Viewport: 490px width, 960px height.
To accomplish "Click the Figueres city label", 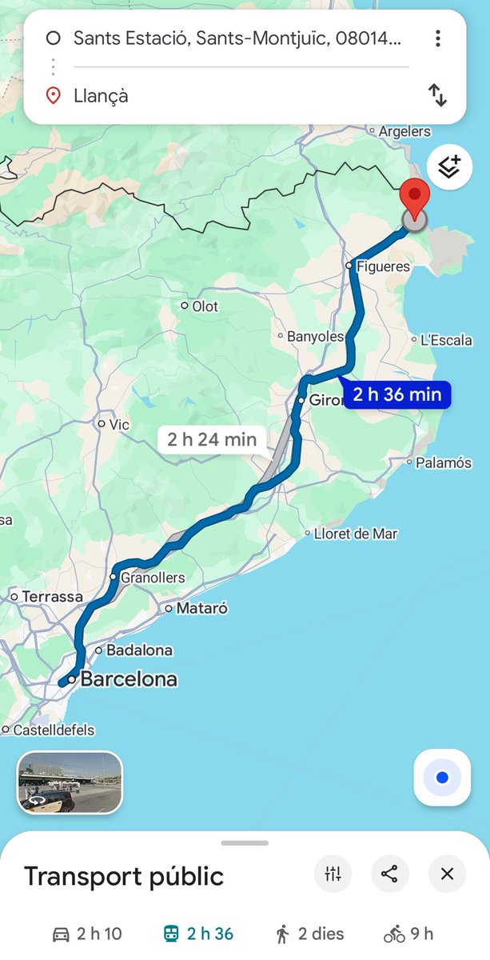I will [x=383, y=266].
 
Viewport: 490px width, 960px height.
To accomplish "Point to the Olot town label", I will [x=205, y=306].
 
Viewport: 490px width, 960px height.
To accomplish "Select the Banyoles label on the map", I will [x=315, y=337].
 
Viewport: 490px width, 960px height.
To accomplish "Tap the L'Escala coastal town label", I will [x=446, y=340].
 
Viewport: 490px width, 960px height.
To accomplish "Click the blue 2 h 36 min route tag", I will [x=396, y=394].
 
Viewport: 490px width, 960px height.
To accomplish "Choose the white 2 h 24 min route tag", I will [x=212, y=438].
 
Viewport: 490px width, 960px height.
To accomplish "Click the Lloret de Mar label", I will [x=355, y=534].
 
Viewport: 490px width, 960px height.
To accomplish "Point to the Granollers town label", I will [x=152, y=578].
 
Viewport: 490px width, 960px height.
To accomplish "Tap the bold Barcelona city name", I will [x=129, y=680].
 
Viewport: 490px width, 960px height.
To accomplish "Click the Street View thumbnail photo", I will [x=70, y=782].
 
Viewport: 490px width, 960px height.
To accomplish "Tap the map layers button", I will [x=449, y=167].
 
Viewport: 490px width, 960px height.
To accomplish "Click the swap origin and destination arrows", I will [x=437, y=96].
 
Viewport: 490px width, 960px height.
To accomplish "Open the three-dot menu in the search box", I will [x=437, y=38].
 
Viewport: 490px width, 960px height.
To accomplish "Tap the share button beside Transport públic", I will [x=389, y=874].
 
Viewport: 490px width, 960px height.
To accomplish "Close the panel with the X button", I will [x=447, y=874].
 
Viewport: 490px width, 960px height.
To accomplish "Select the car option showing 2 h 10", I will [x=87, y=934].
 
